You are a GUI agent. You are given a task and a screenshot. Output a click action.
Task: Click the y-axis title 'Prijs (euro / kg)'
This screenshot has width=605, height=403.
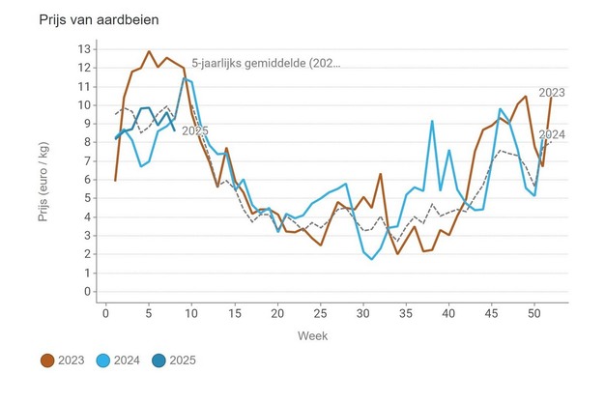(44, 170)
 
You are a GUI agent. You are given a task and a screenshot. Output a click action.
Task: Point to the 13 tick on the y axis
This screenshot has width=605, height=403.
(85, 49)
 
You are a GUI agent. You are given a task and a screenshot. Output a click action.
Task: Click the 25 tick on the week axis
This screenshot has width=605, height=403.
(320, 313)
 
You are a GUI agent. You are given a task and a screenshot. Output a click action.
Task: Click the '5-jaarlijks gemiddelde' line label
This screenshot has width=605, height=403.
(267, 64)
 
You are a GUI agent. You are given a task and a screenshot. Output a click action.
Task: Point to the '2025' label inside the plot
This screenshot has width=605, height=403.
(195, 130)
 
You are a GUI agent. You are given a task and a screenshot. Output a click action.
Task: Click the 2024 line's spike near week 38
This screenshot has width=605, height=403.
(431, 121)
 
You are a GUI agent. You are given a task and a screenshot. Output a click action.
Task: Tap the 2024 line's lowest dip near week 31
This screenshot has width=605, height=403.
(371, 259)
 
